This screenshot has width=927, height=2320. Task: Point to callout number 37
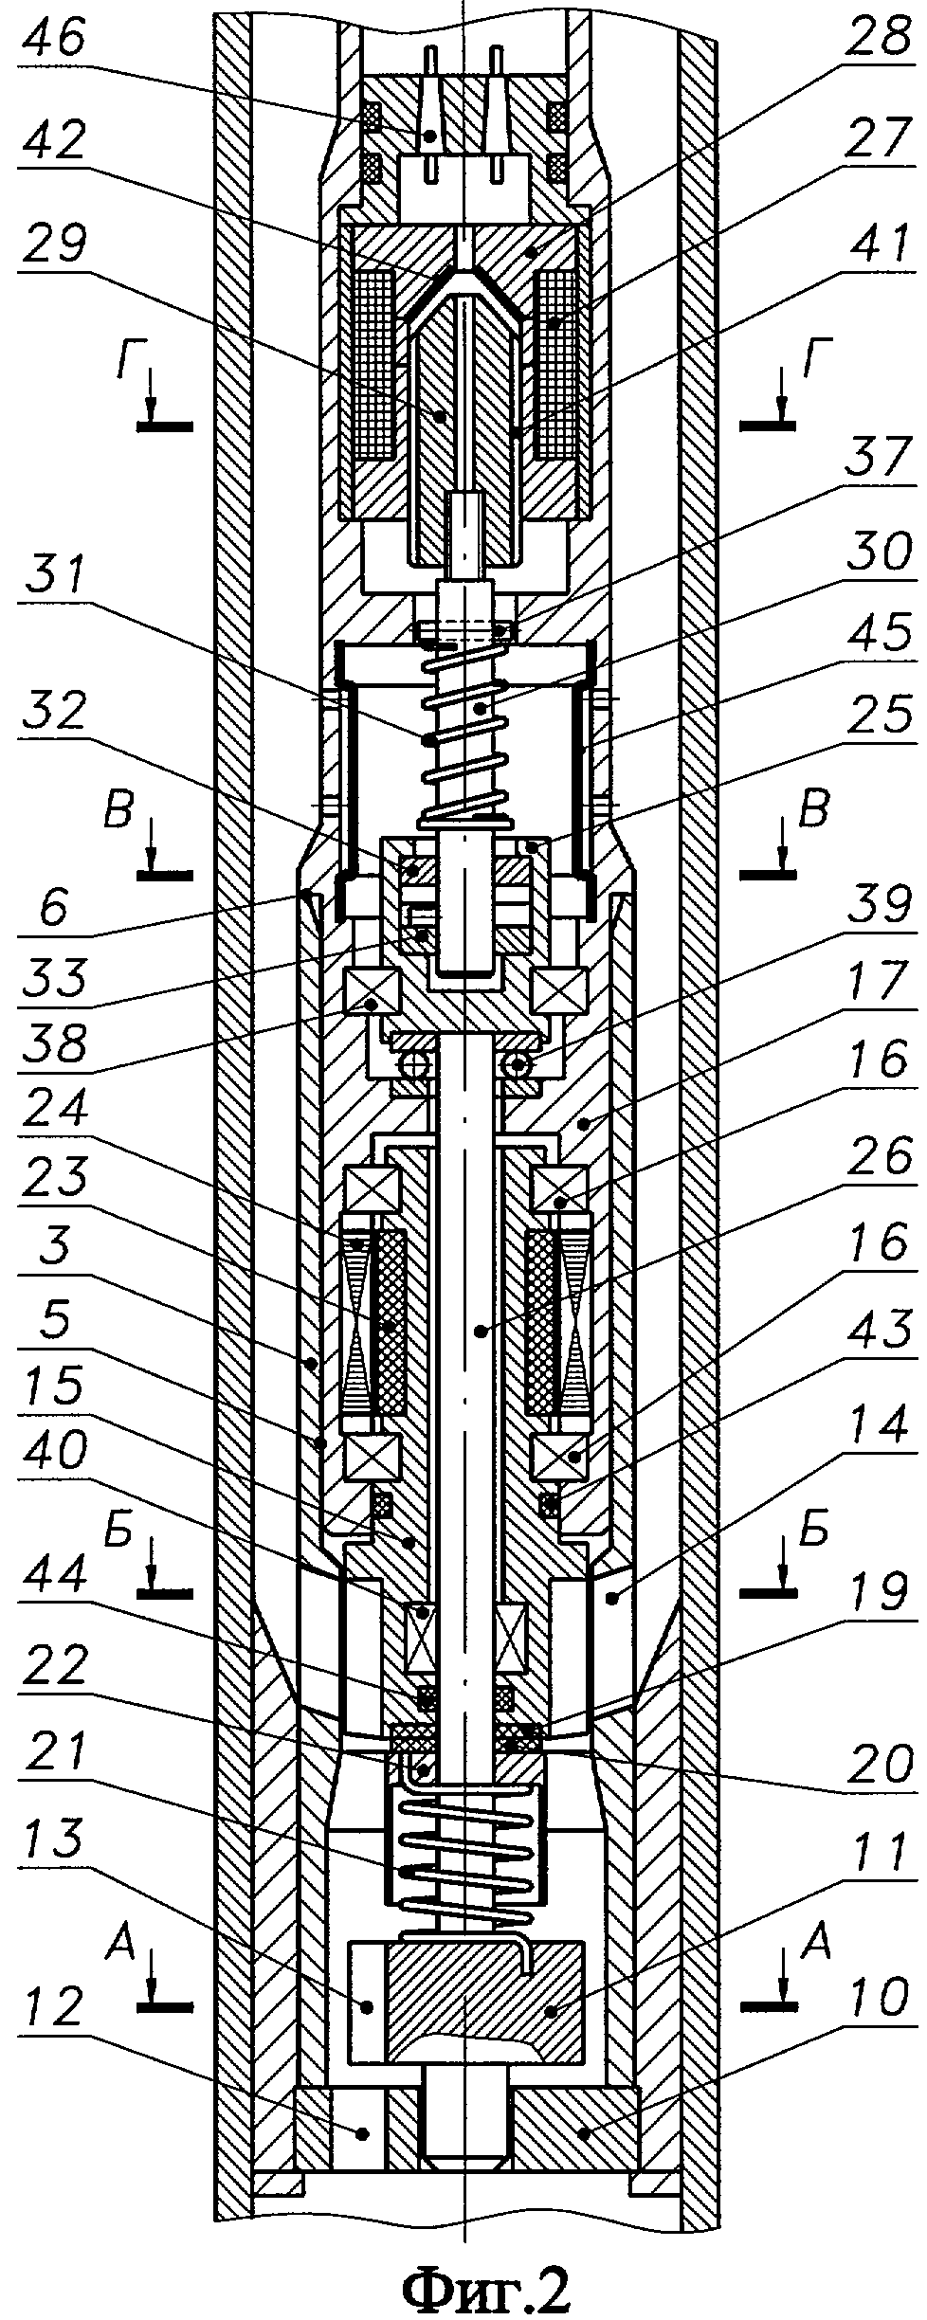click(877, 517)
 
